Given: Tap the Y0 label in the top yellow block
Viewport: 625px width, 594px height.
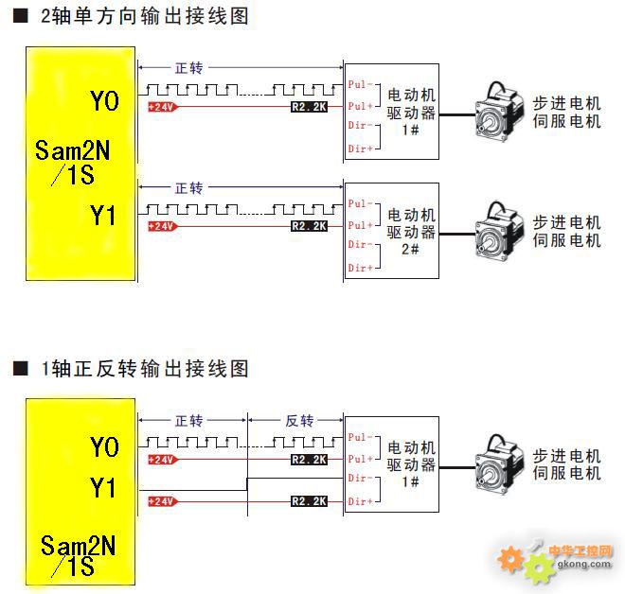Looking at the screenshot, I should (104, 100).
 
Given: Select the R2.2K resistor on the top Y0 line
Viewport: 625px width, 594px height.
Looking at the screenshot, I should (309, 108).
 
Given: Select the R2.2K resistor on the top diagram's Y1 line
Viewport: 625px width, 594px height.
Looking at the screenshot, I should (309, 226).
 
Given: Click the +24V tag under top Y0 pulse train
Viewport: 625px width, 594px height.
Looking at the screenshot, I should (162, 108).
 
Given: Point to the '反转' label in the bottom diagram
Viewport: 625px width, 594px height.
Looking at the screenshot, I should (298, 421).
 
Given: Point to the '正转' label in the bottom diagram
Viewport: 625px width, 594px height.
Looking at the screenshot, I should (188, 421).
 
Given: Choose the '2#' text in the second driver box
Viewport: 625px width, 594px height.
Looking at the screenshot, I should (410, 249).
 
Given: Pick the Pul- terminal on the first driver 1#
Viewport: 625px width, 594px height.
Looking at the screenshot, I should (361, 83).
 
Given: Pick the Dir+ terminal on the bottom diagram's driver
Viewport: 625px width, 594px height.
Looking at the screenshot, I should (361, 500).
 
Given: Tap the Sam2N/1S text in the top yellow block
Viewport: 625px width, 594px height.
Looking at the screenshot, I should (76, 162).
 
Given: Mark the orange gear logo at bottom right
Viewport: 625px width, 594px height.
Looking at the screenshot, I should (512, 559).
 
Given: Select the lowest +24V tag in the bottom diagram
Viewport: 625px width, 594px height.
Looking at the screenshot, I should (162, 500).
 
